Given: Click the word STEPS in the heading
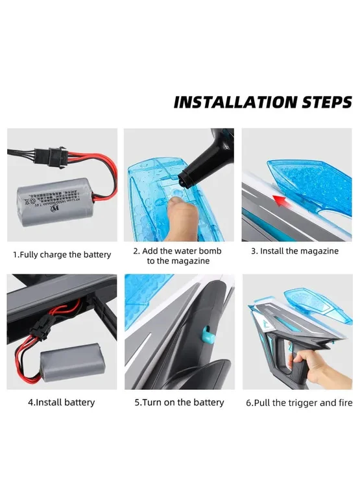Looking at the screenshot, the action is point(327,102).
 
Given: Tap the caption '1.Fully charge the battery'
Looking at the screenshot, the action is point(62,255).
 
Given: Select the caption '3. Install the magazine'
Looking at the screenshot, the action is point(294,251).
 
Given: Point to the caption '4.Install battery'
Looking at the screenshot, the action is point(62,402).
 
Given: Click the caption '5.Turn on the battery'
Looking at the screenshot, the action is point(180,402).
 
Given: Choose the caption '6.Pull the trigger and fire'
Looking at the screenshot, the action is point(299,403).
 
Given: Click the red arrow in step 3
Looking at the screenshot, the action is point(280,201).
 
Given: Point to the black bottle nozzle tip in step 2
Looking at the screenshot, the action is point(183,180).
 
